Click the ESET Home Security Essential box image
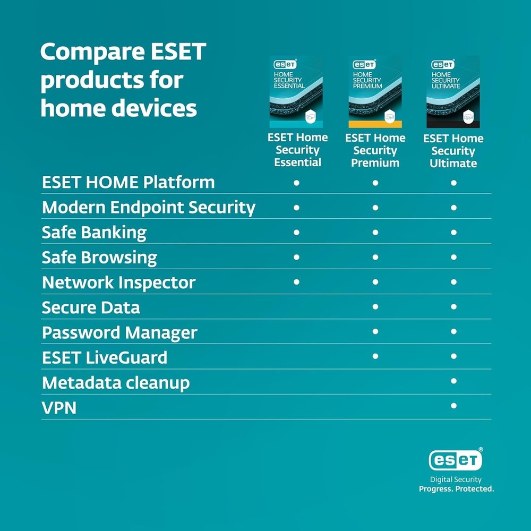(296, 92)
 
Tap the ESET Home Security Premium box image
(375, 92)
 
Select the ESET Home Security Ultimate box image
(453, 92)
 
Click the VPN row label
(59, 408)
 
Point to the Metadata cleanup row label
(116, 383)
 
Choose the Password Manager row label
(119, 333)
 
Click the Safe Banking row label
(94, 233)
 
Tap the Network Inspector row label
(118, 282)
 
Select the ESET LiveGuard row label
(105, 358)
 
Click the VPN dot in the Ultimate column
(453, 406)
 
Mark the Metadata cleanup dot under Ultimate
(453, 381)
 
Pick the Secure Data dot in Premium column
(375, 307)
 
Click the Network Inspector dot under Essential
(296, 282)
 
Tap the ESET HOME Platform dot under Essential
(296, 183)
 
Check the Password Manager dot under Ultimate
(453, 331)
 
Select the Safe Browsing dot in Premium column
(375, 257)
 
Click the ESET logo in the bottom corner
(456, 460)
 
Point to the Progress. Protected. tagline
(456, 489)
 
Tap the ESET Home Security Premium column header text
(375, 150)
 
